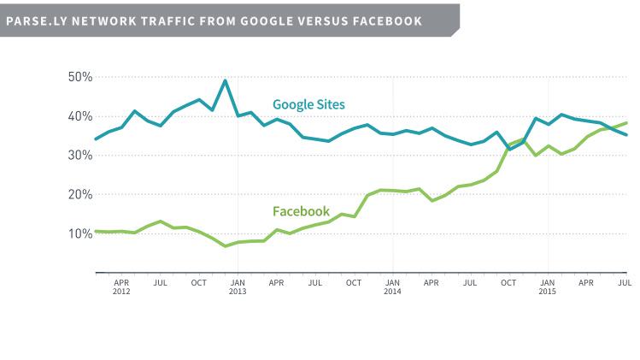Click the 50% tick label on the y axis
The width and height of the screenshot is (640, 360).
pos(79,77)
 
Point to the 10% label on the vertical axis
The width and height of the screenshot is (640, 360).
pos(79,233)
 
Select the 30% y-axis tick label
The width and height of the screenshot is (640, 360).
pos(79,155)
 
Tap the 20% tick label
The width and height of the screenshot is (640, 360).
pos(79,194)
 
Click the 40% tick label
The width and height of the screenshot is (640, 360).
pos(79,116)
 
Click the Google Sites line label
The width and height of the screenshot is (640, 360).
pos(308,104)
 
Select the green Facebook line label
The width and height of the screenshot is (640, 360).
pos(301,211)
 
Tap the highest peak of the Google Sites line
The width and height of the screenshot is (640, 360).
pos(225,80)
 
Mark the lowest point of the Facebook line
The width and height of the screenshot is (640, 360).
pos(226,246)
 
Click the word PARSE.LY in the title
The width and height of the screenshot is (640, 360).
pos(33,21)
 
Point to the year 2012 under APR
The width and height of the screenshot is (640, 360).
pos(121,290)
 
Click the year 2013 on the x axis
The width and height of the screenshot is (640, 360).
pos(238,290)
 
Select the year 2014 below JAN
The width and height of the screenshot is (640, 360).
pos(392,290)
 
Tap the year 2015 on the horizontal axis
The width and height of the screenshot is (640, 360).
pos(547,290)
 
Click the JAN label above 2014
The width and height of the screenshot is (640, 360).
pos(392,281)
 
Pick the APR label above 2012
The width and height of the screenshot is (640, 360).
pos(121,281)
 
